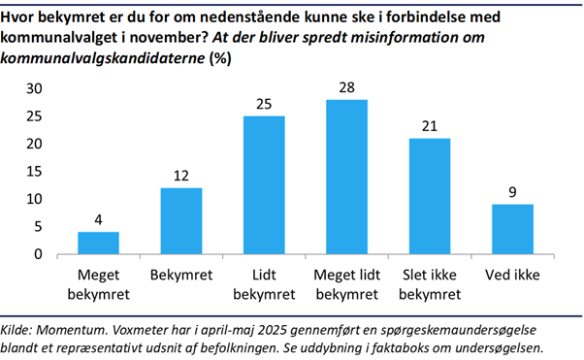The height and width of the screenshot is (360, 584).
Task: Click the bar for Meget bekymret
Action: pyautogui.click(x=98, y=244)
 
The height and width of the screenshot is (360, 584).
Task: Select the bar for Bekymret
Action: pyautogui.click(x=180, y=221)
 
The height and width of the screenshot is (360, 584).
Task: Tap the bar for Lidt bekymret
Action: pyautogui.click(x=263, y=185)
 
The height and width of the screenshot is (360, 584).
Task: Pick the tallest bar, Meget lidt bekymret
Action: pyautogui.click(x=346, y=178)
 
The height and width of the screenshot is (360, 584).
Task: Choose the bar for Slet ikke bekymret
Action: pyautogui.click(x=429, y=197)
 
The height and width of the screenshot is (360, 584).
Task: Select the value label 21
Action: pyautogui.click(x=429, y=127)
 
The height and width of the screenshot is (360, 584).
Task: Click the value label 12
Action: pyautogui.click(x=180, y=177)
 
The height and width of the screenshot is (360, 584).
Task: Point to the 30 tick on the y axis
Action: pyautogui.click(x=35, y=88)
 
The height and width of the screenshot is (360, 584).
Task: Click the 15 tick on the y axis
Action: pyautogui.click(x=35, y=172)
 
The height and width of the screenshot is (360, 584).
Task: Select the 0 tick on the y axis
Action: pyautogui.click(x=39, y=254)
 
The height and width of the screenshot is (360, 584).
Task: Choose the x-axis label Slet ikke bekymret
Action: pyautogui.click(x=429, y=281)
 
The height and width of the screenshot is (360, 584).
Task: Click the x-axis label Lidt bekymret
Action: pyautogui.click(x=263, y=281)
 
